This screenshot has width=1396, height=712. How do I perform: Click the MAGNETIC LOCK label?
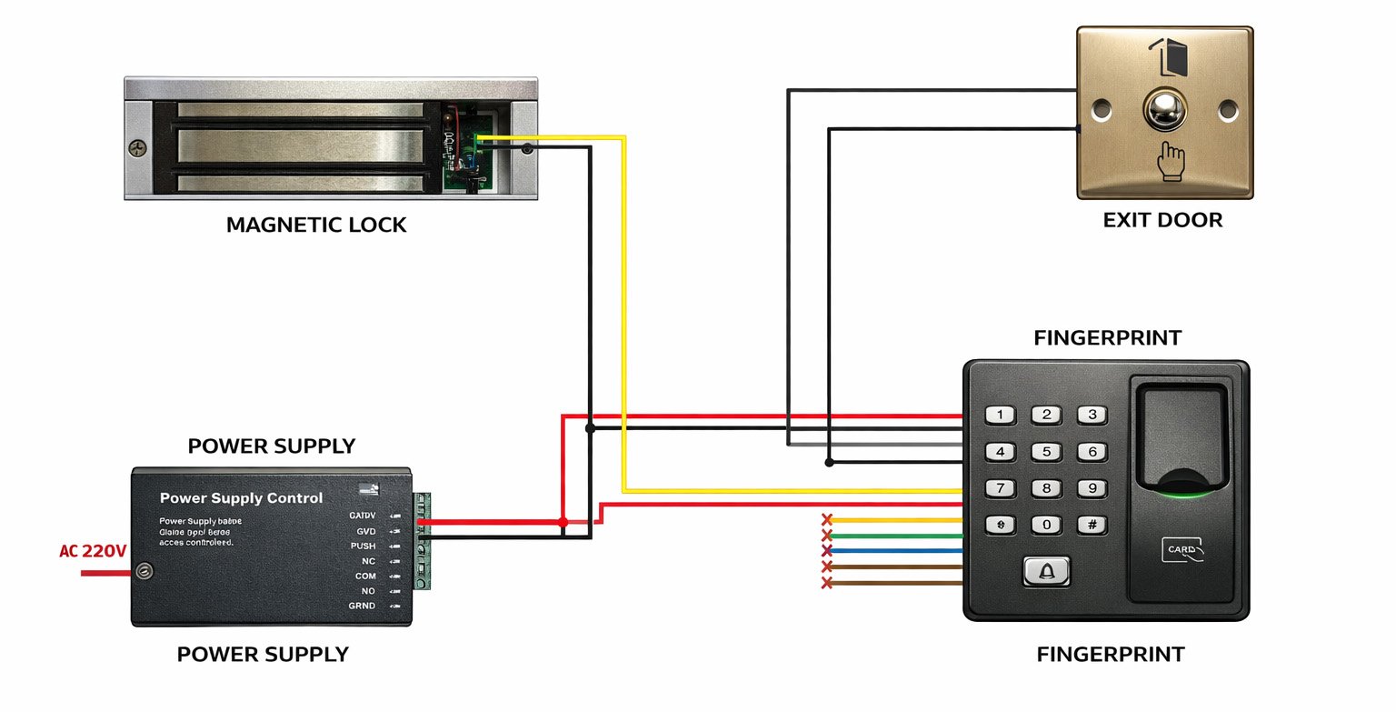click(x=316, y=225)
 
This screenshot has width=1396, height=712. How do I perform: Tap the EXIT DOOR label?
click(x=1162, y=220)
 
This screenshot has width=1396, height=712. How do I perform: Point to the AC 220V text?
click(x=93, y=551)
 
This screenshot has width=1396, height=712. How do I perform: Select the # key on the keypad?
click(x=1092, y=525)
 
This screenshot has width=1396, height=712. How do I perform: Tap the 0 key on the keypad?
click(x=1046, y=525)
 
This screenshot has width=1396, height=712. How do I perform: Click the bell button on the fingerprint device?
click(x=1046, y=571)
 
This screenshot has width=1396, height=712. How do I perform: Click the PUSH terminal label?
click(x=363, y=546)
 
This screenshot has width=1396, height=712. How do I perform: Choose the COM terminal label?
click(x=365, y=577)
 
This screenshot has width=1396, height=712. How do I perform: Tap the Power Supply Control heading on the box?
click(x=241, y=498)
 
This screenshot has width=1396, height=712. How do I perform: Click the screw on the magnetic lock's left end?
click(x=138, y=149)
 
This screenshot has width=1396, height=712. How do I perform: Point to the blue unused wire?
click(x=895, y=551)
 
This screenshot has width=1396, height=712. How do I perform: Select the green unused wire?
click(x=895, y=536)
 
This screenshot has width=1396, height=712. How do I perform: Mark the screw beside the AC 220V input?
click(x=143, y=572)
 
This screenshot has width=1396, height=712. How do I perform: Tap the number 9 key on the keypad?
click(x=1092, y=488)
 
